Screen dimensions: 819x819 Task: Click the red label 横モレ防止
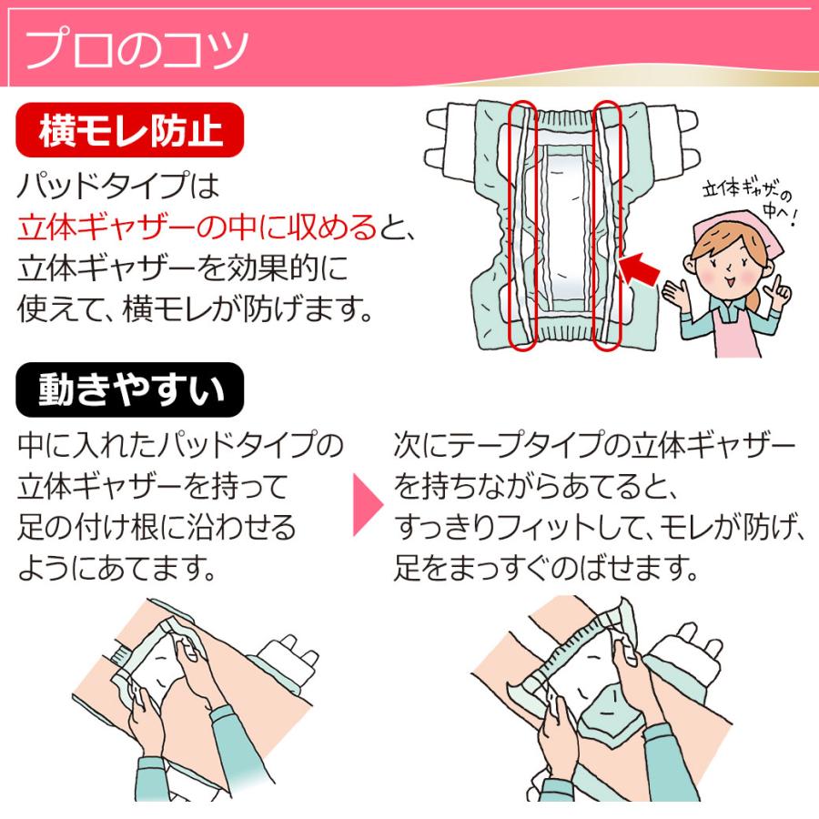point(131,131)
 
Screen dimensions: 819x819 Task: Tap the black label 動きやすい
point(130,389)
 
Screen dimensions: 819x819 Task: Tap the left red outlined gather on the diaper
point(521,226)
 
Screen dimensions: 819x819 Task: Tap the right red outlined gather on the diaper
point(607,226)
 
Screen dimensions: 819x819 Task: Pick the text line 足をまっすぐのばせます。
point(545,571)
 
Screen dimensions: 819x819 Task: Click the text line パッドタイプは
point(119,187)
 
